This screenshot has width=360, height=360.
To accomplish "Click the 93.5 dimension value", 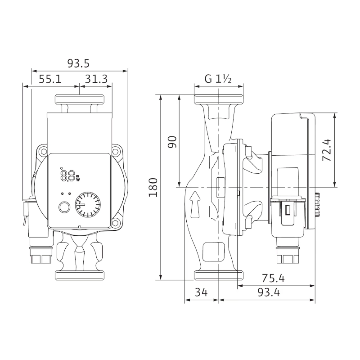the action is (x=78, y=63).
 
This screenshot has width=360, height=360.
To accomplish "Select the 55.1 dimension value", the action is (x=50, y=79).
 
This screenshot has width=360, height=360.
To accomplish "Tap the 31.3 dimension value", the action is (x=96, y=79).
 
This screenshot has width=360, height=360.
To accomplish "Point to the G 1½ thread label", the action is (x=218, y=79).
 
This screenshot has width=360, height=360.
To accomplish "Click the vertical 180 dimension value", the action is (x=153, y=187).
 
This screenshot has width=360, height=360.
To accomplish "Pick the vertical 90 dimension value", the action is (x=172, y=142).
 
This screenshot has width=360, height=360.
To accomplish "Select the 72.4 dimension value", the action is (x=327, y=150).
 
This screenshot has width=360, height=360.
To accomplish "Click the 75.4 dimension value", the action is (x=273, y=279).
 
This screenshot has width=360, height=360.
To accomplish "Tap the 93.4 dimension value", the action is (x=269, y=292).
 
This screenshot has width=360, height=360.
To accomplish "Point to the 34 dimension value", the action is (x=201, y=292).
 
